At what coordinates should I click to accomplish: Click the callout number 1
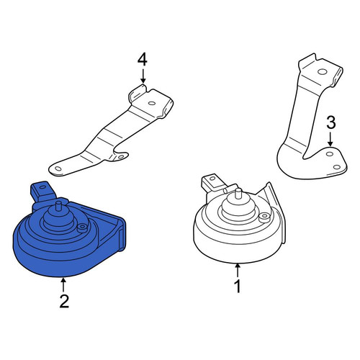(x=238, y=286)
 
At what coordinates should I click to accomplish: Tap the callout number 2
(x=64, y=301)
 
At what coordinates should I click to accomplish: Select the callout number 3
(x=331, y=123)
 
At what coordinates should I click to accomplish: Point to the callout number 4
(x=143, y=60)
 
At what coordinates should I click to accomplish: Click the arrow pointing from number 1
(x=238, y=270)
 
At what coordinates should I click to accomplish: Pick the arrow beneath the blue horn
(x=63, y=284)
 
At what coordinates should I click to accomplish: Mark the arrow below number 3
(x=330, y=139)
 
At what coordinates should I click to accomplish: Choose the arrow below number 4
(x=143, y=76)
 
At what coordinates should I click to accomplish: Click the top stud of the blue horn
(x=58, y=207)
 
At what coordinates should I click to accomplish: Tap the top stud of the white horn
(x=238, y=194)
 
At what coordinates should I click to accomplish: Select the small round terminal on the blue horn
(x=82, y=228)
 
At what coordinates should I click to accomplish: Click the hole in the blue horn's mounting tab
(x=42, y=187)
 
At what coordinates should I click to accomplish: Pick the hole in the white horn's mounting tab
(x=212, y=179)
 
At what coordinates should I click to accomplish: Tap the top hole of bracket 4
(x=152, y=103)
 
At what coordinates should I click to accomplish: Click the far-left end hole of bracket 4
(x=58, y=168)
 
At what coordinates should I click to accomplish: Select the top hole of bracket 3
(x=322, y=71)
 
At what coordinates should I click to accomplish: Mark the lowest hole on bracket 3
(x=337, y=167)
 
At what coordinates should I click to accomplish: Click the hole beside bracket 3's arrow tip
(x=330, y=154)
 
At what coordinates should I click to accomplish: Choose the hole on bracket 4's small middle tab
(x=121, y=157)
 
